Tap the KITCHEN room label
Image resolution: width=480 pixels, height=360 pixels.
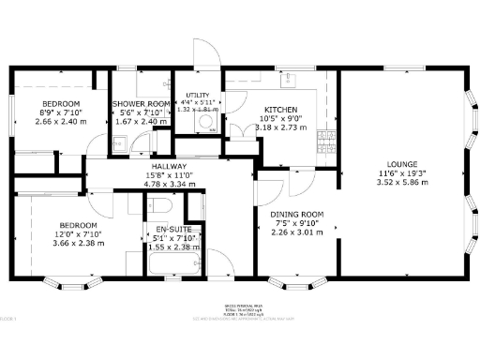[x=280, y=109]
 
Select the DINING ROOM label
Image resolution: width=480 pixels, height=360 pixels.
[x=297, y=215]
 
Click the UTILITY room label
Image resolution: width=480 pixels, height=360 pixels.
[x=197, y=95]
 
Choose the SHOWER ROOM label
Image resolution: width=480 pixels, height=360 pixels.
[x=142, y=103]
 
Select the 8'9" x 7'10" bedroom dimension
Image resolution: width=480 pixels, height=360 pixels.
[x=59, y=112]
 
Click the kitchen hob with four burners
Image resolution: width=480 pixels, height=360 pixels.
[x=327, y=141]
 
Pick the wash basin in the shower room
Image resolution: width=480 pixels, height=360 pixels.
[x=119, y=143]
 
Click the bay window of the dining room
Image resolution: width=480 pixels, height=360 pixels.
[x=298, y=281]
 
